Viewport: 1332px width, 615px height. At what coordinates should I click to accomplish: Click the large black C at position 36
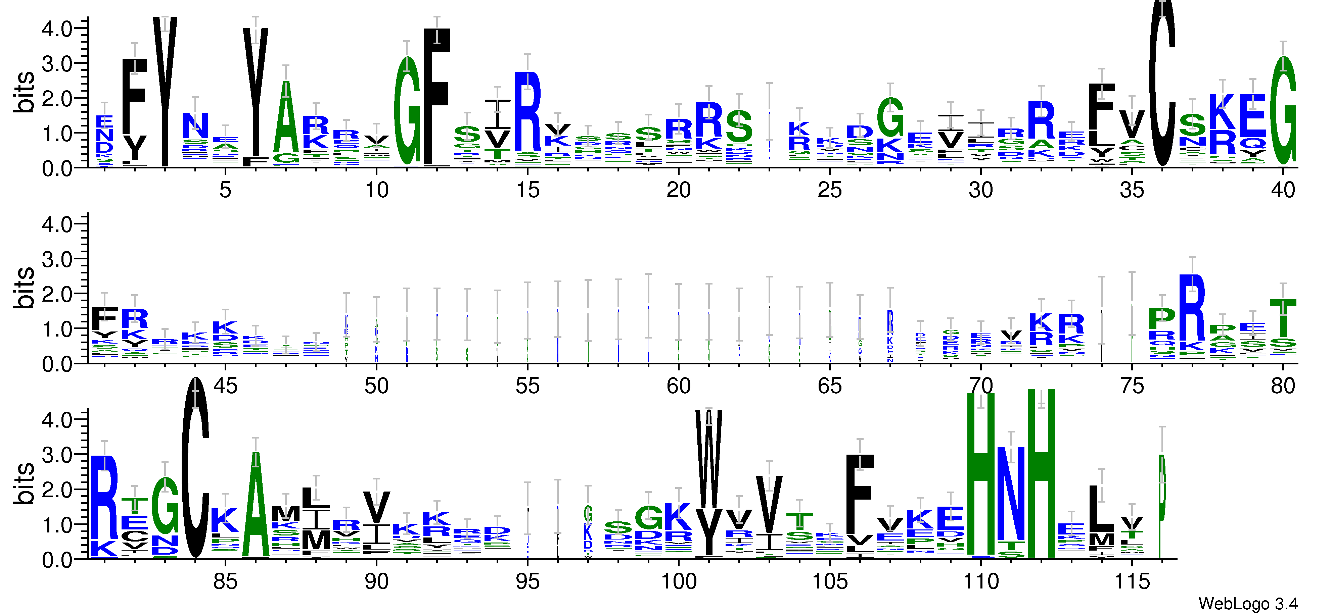click(x=1162, y=88)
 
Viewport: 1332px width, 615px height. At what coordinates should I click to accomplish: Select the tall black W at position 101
click(x=708, y=460)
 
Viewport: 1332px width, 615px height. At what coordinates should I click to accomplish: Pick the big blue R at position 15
click(x=527, y=111)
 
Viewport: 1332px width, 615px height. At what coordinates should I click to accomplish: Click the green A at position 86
click(x=256, y=507)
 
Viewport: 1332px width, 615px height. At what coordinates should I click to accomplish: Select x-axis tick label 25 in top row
click(x=829, y=190)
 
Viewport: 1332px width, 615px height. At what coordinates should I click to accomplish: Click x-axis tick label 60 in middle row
click(x=678, y=386)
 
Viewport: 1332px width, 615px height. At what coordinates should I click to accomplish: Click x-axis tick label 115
click(x=1132, y=582)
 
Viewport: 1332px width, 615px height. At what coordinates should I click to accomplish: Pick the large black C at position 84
click(x=195, y=468)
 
